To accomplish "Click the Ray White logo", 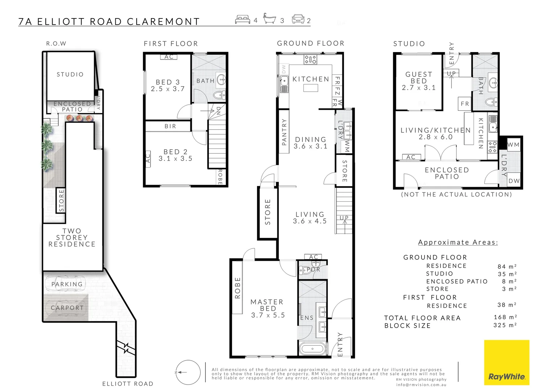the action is point(507,362).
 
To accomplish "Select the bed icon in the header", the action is point(243,20).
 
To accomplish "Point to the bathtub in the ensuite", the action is point(313,349).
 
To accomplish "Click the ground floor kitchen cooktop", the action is point(310,59).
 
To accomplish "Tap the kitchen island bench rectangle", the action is point(311,88).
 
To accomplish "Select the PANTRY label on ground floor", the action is point(284,132).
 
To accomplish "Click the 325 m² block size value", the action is point(505,325).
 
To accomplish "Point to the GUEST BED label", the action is point(419,77).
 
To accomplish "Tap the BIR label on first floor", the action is point(170,126).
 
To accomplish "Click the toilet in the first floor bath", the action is point(219,95).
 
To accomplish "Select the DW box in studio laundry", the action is point(514,181).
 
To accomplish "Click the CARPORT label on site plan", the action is point(67,308).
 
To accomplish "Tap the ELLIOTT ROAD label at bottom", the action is point(128,384).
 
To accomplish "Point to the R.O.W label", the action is point(56,43).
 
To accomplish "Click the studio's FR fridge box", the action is point(465,104).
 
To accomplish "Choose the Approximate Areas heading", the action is point(458,242).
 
